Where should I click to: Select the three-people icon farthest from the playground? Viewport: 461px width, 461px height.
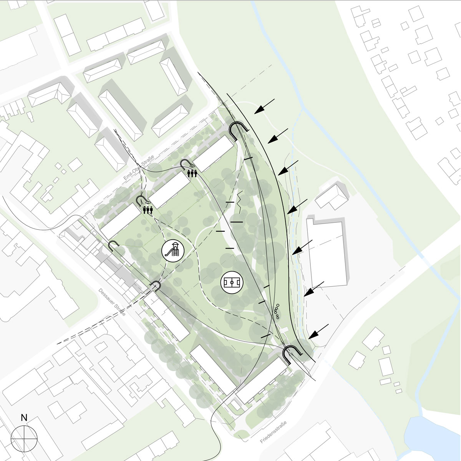[192, 173]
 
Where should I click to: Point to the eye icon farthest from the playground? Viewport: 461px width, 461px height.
[192, 166]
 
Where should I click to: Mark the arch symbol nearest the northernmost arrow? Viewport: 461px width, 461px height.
[239, 131]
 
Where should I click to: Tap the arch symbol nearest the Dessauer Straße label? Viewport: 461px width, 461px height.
[156, 286]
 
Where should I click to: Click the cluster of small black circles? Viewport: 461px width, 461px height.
[277, 312]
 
